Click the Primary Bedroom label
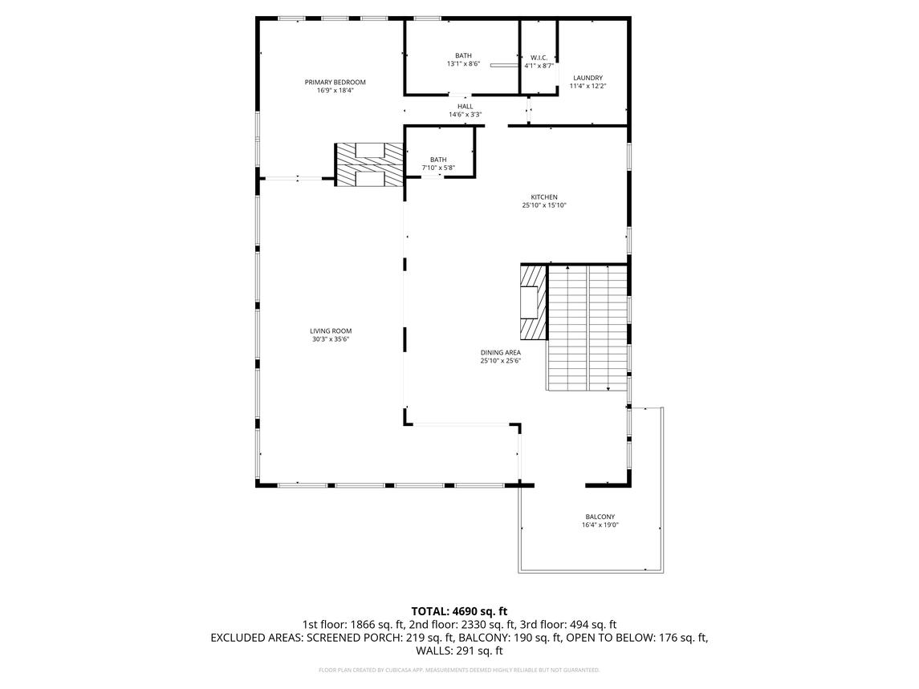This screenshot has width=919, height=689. (x=335, y=82)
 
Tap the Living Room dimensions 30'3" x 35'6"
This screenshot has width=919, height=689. (x=331, y=339)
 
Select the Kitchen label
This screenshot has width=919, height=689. (x=543, y=197)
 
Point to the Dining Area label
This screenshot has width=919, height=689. (x=501, y=352)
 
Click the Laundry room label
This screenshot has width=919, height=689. (x=588, y=78)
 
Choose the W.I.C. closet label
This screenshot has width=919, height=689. (x=539, y=58)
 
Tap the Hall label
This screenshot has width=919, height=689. (x=465, y=106)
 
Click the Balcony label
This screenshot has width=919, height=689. (x=600, y=517)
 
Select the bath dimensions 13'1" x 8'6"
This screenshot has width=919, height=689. (x=463, y=64)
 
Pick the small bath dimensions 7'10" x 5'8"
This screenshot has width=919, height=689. (x=438, y=168)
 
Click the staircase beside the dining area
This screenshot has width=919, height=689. (x=588, y=327)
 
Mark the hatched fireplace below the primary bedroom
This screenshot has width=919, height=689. (x=369, y=166)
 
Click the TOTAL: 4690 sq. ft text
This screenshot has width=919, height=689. (x=459, y=611)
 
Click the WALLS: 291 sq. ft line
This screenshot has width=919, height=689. (x=459, y=651)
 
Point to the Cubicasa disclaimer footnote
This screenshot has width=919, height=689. (x=459, y=670)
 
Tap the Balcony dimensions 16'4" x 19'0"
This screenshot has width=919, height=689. (x=600, y=525)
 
